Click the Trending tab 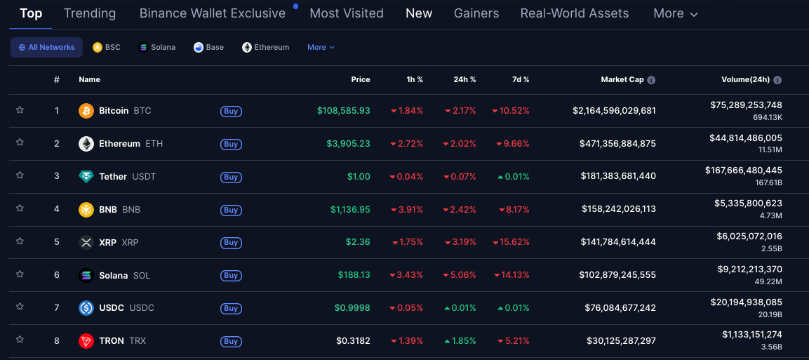[x=89, y=13]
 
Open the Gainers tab [x=476, y=13]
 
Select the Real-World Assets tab [x=574, y=13]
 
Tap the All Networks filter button [x=46, y=47]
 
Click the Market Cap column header [x=622, y=80]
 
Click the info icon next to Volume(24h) [x=777, y=80]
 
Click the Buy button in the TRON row [x=231, y=342]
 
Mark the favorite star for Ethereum [x=20, y=142]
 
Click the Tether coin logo [x=86, y=177]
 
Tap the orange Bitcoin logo [x=86, y=111]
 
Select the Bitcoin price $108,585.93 [x=343, y=111]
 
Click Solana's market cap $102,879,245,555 [x=617, y=275]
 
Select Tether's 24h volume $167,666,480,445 [x=743, y=170]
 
